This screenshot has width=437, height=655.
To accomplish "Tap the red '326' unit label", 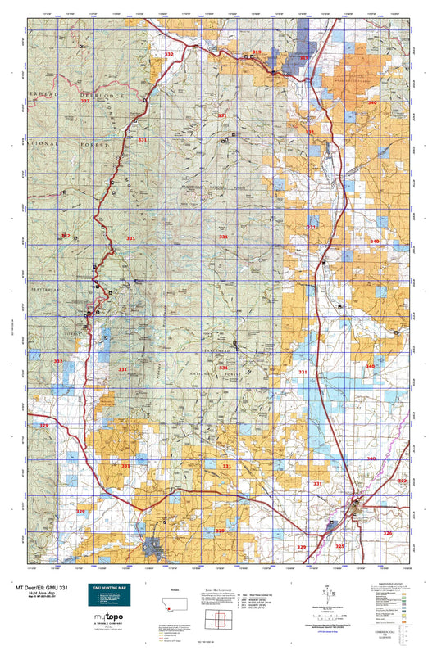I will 388,532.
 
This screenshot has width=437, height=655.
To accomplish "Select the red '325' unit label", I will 340,544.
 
